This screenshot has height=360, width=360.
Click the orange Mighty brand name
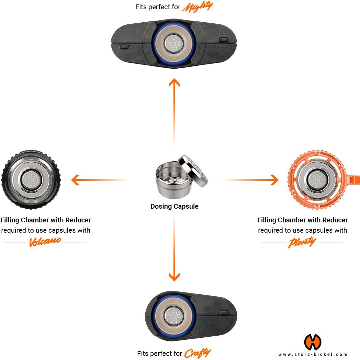coord(197,7)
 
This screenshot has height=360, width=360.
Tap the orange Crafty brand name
coord(197,353)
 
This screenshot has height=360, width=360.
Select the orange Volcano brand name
coord(45,242)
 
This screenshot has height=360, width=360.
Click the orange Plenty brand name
coord(302,242)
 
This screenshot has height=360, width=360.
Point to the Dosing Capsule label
coord(175,206)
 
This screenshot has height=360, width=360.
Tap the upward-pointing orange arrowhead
coord(175,83)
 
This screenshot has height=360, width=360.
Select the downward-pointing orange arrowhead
coord(175,276)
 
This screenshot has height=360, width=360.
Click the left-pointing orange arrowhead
coord(76,179)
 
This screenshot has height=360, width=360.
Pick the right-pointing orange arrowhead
coord(273,179)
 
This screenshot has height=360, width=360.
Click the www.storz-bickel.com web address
coord(313,354)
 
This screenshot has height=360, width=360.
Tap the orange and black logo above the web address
coord(313,342)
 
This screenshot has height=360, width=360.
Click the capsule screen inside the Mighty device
coord(174,43)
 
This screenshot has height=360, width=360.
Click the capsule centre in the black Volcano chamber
coord(31,178)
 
